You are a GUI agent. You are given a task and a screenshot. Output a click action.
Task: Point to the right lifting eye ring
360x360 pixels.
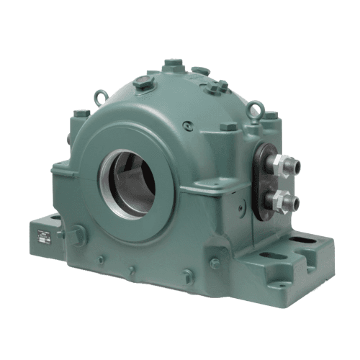coord(253,109)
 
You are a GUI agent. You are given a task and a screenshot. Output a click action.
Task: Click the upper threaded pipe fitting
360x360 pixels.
coord(283,165)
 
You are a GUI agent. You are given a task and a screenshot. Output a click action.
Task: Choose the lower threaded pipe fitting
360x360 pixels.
coord(283,199)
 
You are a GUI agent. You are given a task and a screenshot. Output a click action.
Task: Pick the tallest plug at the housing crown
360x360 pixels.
coord(171,66)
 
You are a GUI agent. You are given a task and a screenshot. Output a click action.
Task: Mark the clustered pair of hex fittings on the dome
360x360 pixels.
coord(216,87)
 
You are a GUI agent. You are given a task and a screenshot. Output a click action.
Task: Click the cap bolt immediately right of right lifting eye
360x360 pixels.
coord(270,115)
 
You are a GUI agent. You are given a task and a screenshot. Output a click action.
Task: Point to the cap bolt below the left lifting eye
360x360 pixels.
coord(81,114)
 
